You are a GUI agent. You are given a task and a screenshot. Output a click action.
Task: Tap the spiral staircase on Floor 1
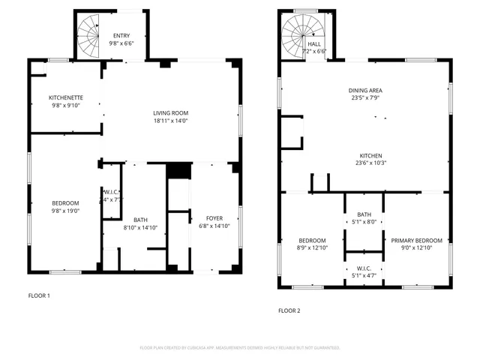(90, 32)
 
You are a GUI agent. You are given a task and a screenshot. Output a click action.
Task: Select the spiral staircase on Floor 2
(295, 35)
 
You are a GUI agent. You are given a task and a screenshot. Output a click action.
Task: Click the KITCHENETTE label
(65, 97)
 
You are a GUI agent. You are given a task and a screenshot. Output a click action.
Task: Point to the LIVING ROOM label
(170, 112)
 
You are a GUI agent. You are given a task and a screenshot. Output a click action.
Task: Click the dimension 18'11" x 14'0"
(170, 120)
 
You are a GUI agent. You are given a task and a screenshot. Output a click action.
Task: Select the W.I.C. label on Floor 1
(110, 192)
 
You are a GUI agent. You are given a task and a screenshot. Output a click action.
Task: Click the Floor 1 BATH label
(140, 220)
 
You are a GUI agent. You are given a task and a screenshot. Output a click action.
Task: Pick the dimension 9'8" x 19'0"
(65, 211)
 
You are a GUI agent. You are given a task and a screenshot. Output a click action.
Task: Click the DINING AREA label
(364, 90)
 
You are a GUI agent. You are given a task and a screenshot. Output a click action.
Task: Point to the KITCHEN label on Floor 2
(364, 155)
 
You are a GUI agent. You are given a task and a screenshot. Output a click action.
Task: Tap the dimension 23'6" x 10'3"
(364, 163)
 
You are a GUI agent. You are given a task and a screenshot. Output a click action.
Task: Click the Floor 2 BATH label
(364, 214)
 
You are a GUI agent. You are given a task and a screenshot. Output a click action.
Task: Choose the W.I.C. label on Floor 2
(364, 268)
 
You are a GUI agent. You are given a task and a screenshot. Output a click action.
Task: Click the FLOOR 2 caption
(289, 310)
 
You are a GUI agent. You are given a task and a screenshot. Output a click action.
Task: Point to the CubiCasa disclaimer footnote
(240, 348)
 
